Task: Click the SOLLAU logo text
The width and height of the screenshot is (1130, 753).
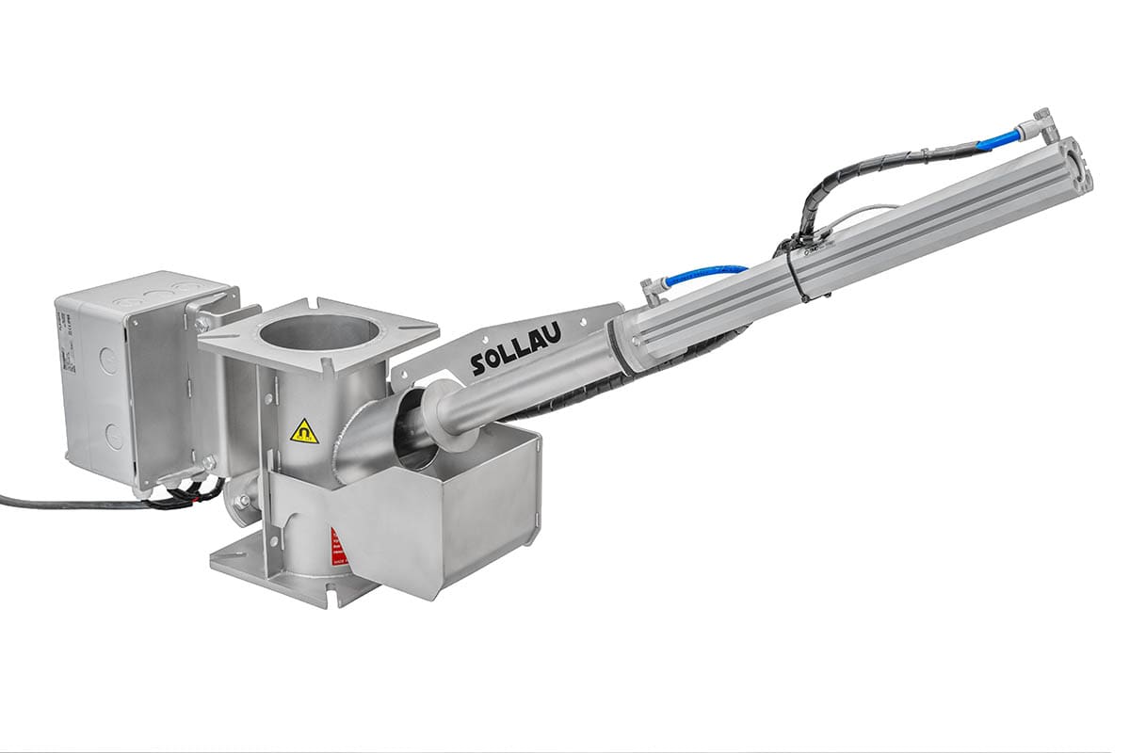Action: pyautogui.click(x=515, y=350)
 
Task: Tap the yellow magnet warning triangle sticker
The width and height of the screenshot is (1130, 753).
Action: pyautogui.click(x=304, y=431)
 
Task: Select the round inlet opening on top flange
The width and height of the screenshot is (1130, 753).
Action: pyautogui.click(x=316, y=332)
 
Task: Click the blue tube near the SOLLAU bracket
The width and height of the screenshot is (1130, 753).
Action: pyautogui.click(x=706, y=274)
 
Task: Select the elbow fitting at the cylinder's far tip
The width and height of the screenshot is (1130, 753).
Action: pyautogui.click(x=1041, y=121)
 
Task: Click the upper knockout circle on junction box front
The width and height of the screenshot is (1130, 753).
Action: pyautogui.click(x=109, y=360)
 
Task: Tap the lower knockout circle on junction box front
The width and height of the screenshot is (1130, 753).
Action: pyautogui.click(x=114, y=436)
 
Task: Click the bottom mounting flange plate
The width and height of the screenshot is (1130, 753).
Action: pyautogui.click(x=282, y=574)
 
